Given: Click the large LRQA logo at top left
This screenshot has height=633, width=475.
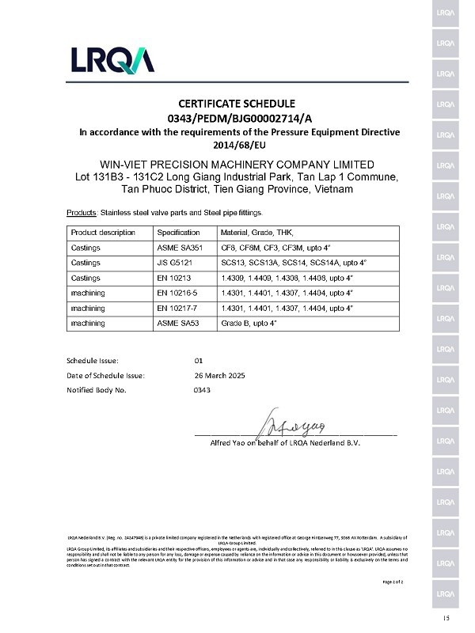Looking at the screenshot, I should [112, 60].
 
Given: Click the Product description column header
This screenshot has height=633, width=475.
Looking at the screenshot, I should [103, 233].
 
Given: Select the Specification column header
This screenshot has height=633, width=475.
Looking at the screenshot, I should [177, 233].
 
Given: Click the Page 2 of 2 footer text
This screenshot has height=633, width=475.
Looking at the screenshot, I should [393, 582].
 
